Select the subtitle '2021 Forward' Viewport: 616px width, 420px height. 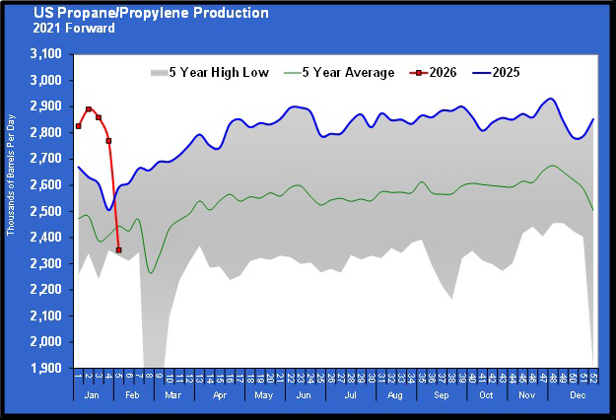click(x=73, y=28)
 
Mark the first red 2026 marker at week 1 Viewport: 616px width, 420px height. click(x=78, y=126)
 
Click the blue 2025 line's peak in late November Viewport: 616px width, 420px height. click(x=550, y=99)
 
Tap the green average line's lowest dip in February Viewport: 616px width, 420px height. click(x=151, y=273)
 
